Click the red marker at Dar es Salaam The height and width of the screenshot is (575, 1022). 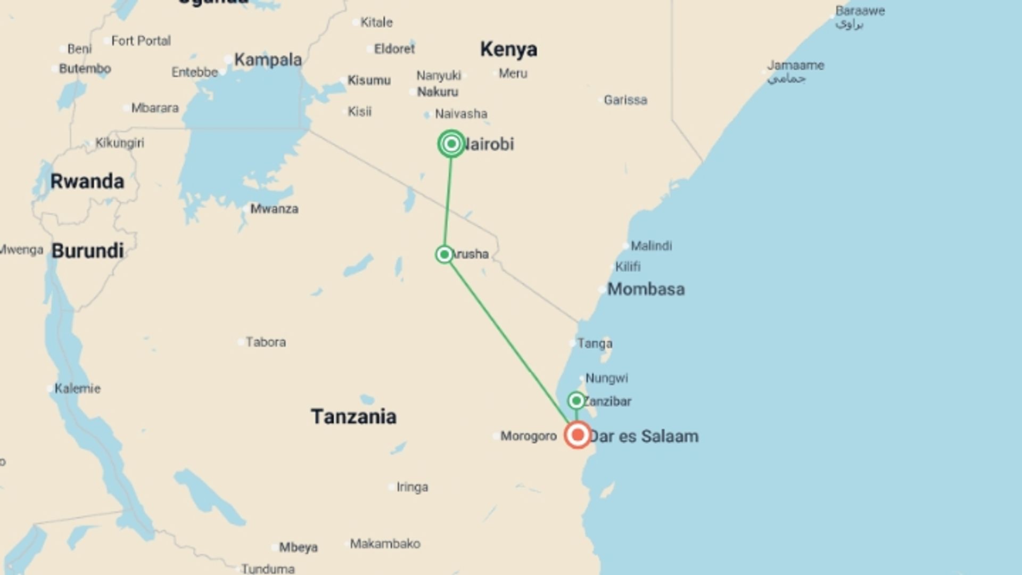pos(578,435)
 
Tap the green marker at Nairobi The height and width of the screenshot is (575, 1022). pos(451,144)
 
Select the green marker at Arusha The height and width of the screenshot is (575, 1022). pos(444,254)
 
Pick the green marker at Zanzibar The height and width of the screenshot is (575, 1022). pos(576,400)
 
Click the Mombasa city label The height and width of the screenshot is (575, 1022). pos(646,289)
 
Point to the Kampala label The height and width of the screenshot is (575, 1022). pos(268,60)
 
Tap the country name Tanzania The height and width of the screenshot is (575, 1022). pos(353,416)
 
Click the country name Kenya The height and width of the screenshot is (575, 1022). pos(508,49)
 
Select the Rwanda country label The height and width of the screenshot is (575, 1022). pos(87,181)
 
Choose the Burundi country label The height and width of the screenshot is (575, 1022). pos(88,251)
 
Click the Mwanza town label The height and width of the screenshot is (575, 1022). pos(274,209)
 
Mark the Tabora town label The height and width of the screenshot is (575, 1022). pos(266,342)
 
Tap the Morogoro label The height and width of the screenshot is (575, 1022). pos(528,436)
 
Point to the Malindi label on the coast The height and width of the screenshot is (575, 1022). pos(651,245)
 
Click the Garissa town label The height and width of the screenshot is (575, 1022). pos(625,100)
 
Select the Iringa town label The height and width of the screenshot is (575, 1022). pos(412,487)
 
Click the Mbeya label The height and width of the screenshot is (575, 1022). pos(298,547)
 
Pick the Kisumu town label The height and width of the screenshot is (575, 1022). pos(369,80)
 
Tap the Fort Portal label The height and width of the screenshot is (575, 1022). pos(141,40)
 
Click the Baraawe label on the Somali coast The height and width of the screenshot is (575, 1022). pos(860,11)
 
